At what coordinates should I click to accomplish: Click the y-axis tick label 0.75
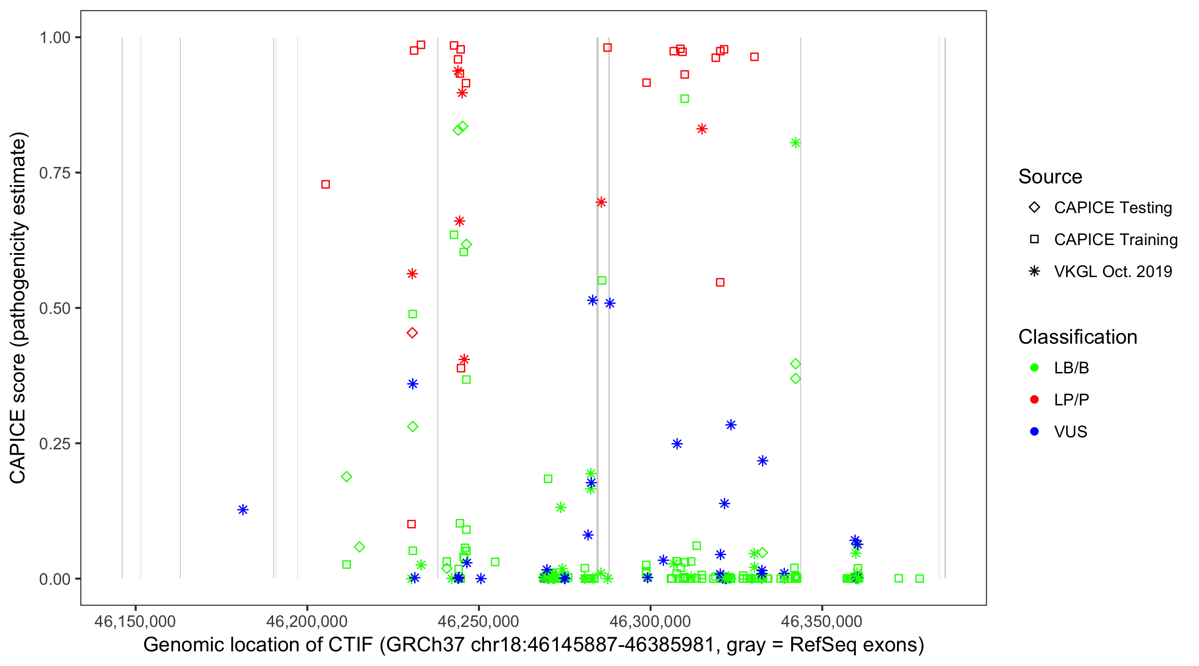click(x=55, y=173)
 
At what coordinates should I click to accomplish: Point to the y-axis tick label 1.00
click(x=55, y=38)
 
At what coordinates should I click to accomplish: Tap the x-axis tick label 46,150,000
click(x=135, y=621)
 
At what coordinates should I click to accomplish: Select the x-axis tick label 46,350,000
click(x=822, y=621)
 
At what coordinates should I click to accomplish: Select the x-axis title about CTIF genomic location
click(x=533, y=645)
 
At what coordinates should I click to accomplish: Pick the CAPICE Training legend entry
click(x=1034, y=240)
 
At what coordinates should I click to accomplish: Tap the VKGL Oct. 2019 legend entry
click(x=1034, y=271)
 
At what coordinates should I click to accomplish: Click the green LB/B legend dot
click(x=1034, y=368)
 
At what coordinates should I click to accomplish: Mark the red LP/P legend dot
click(x=1034, y=400)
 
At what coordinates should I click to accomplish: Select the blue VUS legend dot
click(x=1034, y=432)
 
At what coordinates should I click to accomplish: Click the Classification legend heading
click(x=1077, y=337)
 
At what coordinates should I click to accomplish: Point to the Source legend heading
click(x=1050, y=177)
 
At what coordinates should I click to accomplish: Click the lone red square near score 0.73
click(x=326, y=185)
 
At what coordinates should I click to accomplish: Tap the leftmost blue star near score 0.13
click(x=242, y=510)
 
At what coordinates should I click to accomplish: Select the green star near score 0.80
click(x=795, y=143)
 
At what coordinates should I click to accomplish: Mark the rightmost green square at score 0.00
click(x=919, y=579)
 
